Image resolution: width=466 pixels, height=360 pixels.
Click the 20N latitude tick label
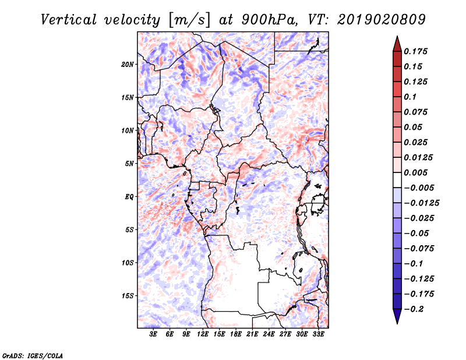click(x=128, y=65)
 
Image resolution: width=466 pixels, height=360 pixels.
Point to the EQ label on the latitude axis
click(x=129, y=197)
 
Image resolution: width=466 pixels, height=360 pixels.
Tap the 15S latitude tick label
click(x=128, y=296)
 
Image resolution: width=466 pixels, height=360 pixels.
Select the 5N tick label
click(x=129, y=164)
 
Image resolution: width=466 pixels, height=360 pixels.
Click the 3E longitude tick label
click(x=153, y=334)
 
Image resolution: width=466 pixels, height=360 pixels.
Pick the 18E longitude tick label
click(x=236, y=334)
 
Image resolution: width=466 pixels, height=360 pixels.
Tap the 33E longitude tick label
click(x=318, y=334)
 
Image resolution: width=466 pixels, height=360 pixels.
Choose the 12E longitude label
click(x=203, y=334)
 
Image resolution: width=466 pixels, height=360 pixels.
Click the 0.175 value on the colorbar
click(x=415, y=51)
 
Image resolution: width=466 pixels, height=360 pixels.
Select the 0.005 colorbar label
click(x=415, y=172)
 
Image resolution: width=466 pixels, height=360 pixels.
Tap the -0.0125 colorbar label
click(x=421, y=203)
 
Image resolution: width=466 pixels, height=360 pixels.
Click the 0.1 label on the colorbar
click(x=410, y=97)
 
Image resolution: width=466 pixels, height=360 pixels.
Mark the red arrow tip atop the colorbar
click(x=397, y=37)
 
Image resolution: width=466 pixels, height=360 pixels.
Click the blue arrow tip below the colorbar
click(x=397, y=323)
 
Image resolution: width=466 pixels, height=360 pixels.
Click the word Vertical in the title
click(x=69, y=20)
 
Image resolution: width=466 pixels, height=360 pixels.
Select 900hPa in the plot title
click(x=270, y=20)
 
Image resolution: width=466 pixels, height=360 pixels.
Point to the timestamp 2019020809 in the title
click(x=382, y=20)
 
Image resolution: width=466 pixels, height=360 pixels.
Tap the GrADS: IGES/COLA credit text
click(x=33, y=355)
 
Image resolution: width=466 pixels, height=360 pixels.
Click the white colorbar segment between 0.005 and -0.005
click(x=397, y=180)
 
